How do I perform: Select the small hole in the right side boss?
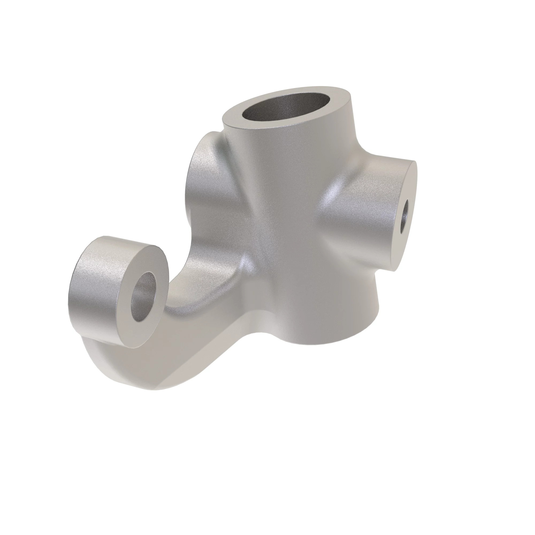coord(404,212)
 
